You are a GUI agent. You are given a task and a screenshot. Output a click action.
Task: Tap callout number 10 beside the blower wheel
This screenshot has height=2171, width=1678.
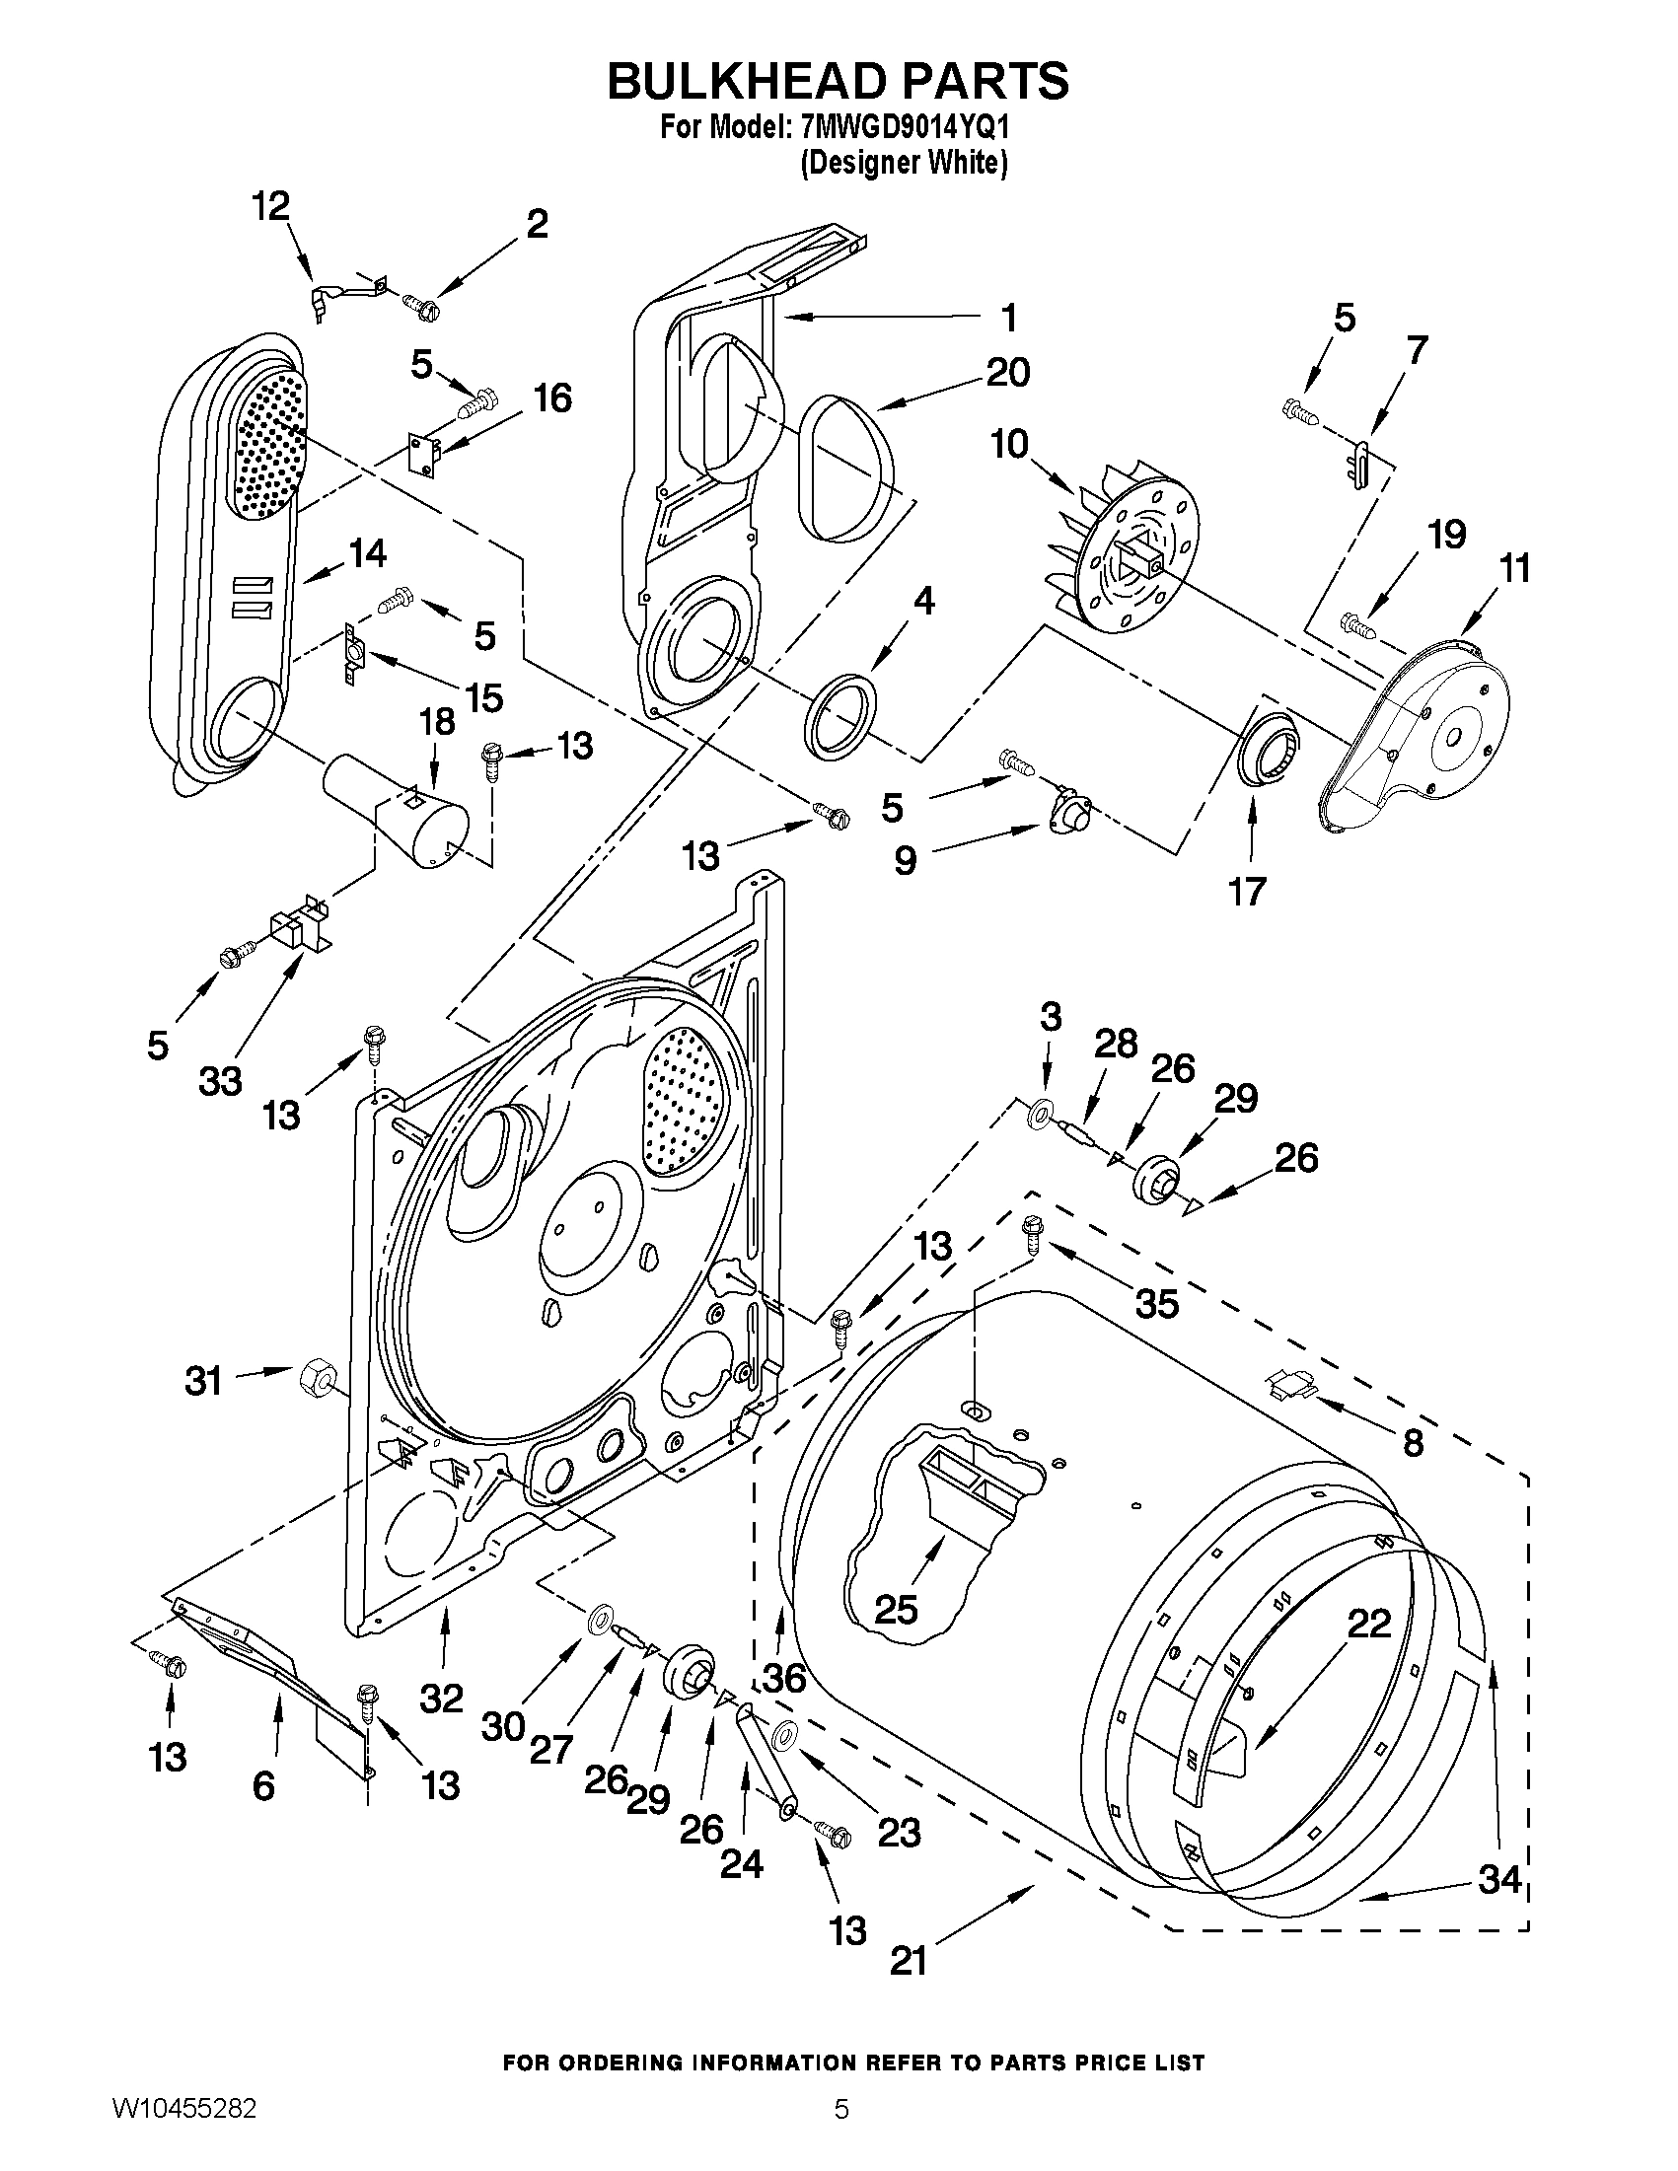coord(1009,444)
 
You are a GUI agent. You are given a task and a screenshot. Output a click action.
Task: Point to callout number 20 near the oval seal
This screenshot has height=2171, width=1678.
coord(1008,373)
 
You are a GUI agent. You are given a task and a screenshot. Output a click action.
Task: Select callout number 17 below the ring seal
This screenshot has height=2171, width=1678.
coord(1247,891)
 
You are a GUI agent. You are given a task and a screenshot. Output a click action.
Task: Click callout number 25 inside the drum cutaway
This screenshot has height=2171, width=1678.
coord(895,1610)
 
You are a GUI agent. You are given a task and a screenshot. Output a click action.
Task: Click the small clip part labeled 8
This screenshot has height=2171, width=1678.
coord(1291,1384)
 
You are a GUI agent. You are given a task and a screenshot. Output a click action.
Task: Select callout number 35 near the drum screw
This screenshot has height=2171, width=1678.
coord(1156,1303)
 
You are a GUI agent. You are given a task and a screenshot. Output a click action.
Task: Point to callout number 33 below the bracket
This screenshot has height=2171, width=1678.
coord(220,1080)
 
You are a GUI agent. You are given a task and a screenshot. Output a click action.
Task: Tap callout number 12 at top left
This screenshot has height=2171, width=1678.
coord(270,206)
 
